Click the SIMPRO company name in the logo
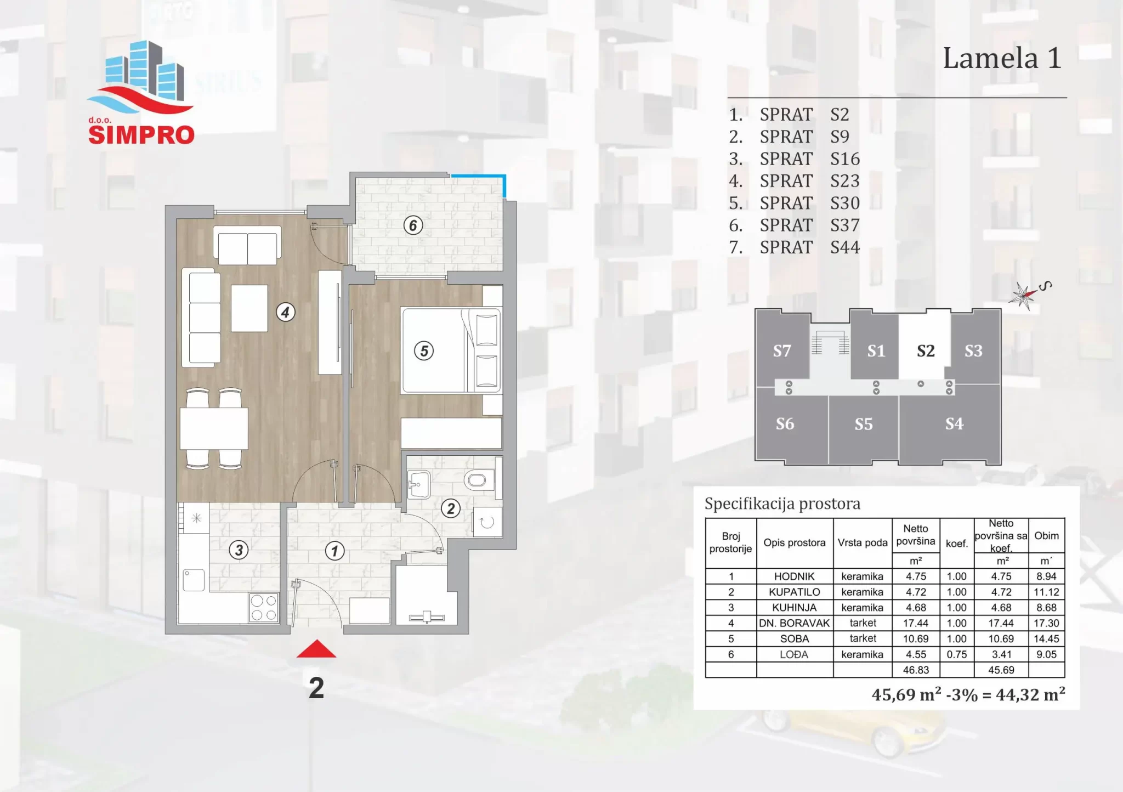click(x=141, y=135)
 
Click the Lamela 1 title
click(x=1002, y=58)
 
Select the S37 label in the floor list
click(x=845, y=225)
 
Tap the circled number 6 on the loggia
click(x=413, y=225)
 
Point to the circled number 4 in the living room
click(x=285, y=313)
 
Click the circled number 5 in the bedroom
click(x=424, y=350)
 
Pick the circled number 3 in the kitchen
click(x=239, y=550)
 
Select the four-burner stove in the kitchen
click(x=264, y=608)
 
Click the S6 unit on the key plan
click(x=785, y=424)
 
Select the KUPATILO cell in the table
click(x=794, y=592)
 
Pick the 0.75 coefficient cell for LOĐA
click(x=957, y=654)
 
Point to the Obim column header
click(x=1046, y=535)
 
